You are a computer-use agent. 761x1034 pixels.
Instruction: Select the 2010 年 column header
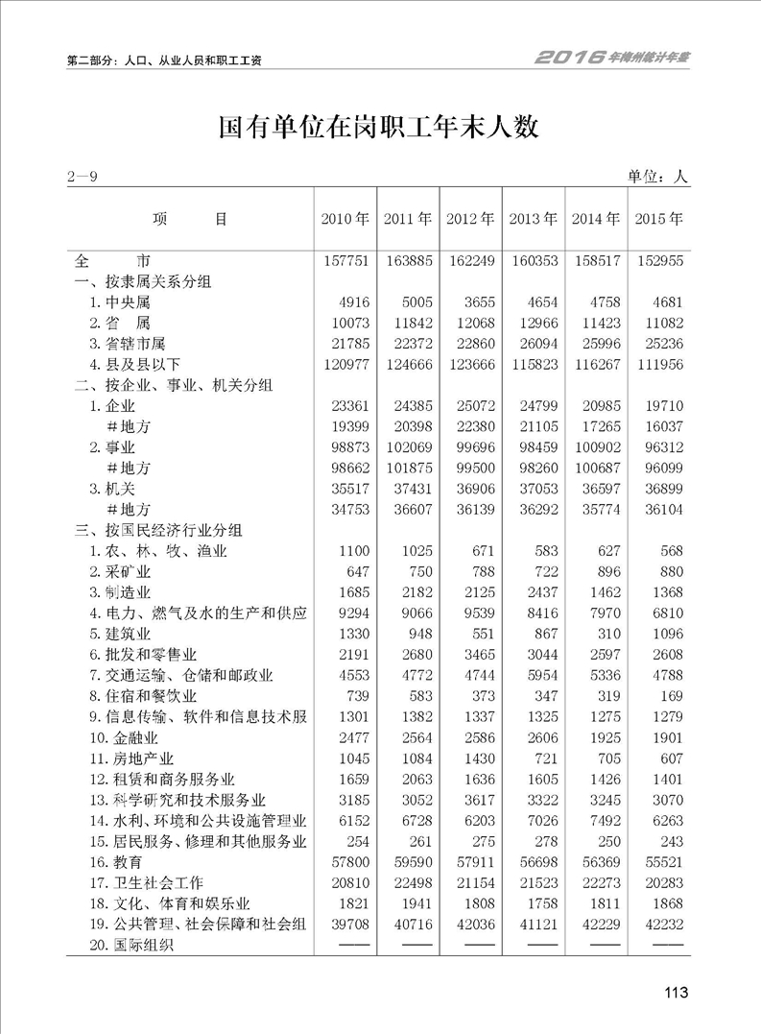345,219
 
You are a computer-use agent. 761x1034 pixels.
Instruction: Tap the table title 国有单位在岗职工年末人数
380,128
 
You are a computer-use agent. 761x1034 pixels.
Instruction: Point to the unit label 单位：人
658,177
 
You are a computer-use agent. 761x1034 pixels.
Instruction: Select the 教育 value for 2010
346,862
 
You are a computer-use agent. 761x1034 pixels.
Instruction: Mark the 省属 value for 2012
471,323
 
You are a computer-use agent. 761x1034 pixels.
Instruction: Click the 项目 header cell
189,219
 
